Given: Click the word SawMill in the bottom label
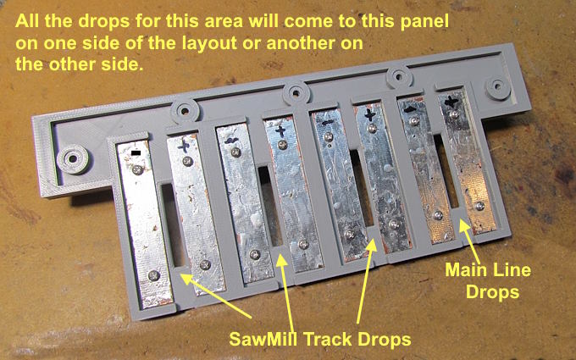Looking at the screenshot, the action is pos(263,339).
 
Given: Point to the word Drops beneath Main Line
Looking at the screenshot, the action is pos(493,292).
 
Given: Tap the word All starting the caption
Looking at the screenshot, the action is pos(28,21).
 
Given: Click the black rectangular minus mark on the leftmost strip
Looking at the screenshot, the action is pos(136,152).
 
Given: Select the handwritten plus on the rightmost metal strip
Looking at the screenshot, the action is pos(451,101).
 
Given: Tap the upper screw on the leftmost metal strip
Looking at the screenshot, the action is pos(137,169).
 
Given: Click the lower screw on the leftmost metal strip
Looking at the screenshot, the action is pos(153,275).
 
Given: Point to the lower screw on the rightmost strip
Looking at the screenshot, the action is pos(479,206).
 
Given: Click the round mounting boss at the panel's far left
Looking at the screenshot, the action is pos(73,159).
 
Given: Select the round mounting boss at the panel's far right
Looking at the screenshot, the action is pos(498,86).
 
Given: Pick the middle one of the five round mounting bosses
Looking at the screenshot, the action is pos(296,93).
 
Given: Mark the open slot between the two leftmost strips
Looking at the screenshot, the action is pos(172,224).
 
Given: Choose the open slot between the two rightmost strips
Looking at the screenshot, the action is pos(446,171).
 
